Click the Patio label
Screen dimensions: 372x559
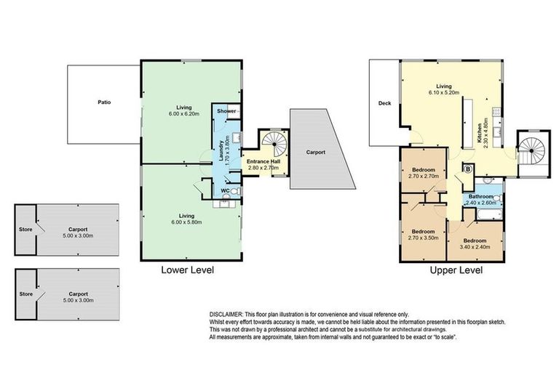105,102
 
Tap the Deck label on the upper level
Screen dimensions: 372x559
385,103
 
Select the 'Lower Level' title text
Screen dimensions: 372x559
189,270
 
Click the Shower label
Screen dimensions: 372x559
226,111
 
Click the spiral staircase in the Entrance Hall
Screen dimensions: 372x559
274,139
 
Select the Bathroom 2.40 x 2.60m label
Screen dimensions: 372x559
482,199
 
